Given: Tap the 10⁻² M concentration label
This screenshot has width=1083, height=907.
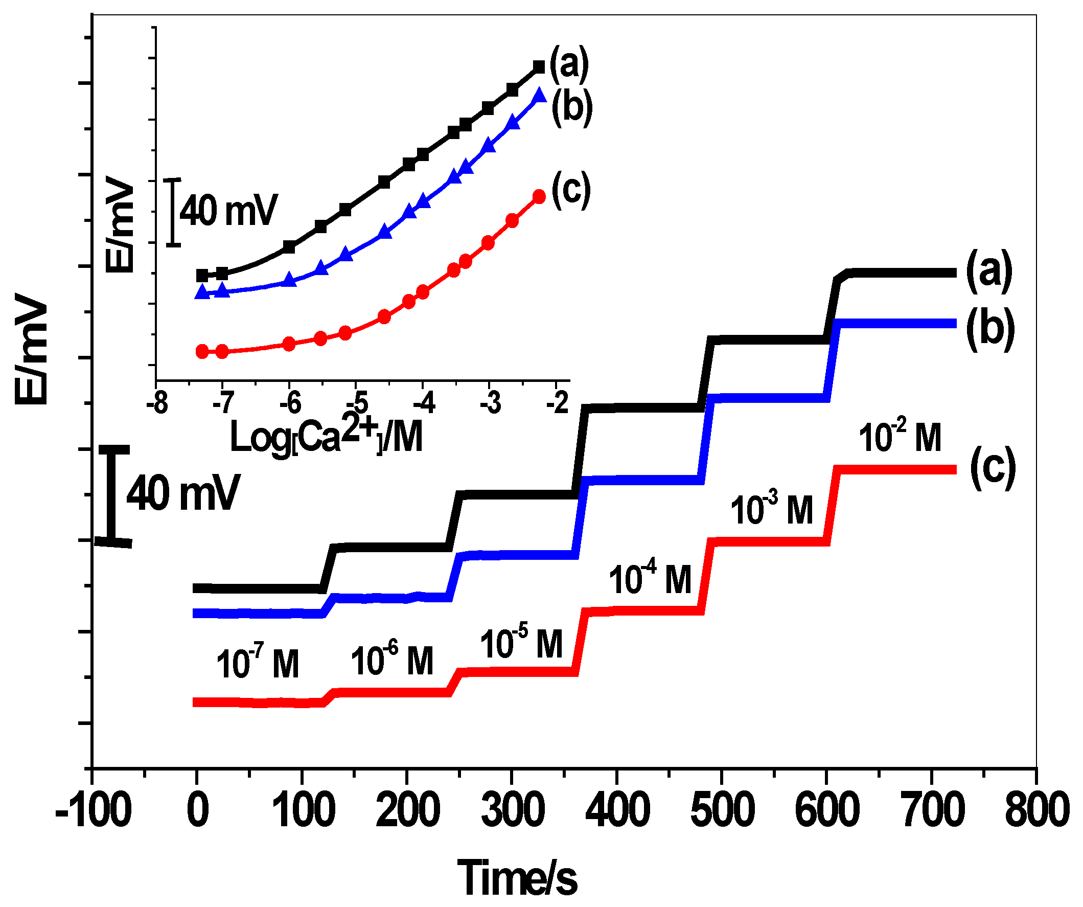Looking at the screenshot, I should (x=900, y=437).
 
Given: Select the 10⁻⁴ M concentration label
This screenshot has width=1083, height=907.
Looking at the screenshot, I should (x=649, y=578).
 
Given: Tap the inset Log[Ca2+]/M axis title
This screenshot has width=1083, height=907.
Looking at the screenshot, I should (x=326, y=436).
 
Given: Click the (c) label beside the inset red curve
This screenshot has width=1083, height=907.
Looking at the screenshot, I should (x=570, y=189).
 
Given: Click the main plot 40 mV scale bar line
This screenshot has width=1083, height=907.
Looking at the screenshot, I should (x=111, y=496).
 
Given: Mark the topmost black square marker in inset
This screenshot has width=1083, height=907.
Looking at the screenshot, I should (x=539, y=67).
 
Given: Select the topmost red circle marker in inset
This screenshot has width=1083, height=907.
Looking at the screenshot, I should (x=539, y=196).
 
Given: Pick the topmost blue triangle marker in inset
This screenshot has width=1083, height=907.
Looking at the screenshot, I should (x=539, y=96).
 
